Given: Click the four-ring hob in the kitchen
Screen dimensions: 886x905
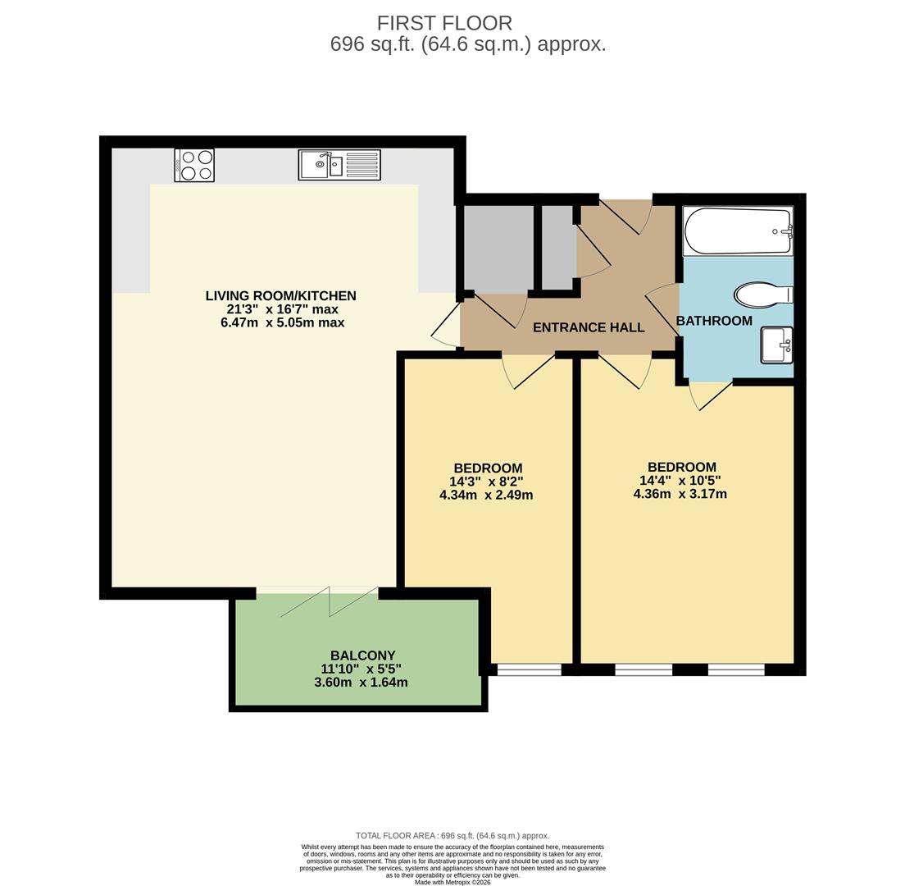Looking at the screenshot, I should [x=194, y=165].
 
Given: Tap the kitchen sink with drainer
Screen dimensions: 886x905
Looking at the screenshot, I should [x=339, y=165].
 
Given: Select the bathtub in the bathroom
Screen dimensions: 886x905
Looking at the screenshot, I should [x=738, y=231].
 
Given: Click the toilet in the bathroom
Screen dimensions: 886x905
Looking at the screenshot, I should [x=763, y=295].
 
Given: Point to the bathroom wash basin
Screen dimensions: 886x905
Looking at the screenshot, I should [x=775, y=345].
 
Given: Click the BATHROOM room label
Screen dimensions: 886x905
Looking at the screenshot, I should [x=714, y=321].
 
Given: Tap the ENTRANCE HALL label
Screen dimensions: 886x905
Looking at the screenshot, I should [x=589, y=327].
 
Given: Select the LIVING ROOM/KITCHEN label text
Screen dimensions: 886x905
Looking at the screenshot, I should [x=280, y=295].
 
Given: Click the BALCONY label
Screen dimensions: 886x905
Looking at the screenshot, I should [x=362, y=655].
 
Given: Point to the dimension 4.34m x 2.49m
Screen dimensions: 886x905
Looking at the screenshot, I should [x=486, y=495].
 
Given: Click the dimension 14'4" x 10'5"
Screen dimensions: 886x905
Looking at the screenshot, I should [x=680, y=481].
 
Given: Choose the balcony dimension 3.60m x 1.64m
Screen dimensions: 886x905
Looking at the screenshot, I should [x=361, y=682].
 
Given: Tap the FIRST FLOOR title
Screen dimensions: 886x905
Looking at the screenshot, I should [x=444, y=23].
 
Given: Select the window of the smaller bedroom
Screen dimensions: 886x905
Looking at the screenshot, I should [x=529, y=670].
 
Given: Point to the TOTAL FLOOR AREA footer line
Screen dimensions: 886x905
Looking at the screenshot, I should [x=452, y=835].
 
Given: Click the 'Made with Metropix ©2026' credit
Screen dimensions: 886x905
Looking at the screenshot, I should [x=452, y=882].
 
